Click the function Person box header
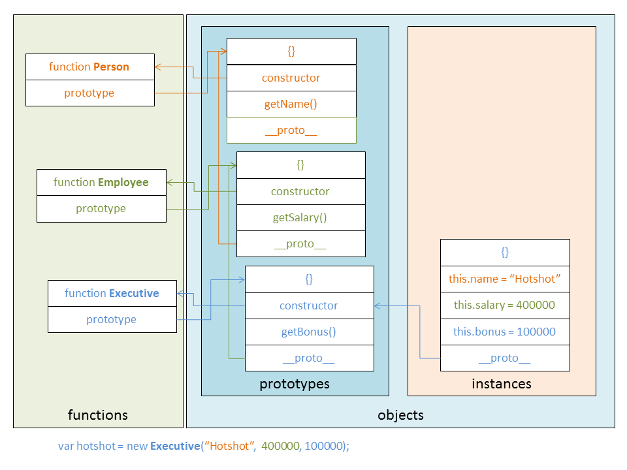click(x=89, y=67)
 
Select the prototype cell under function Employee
click(x=101, y=209)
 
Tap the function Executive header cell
click(x=112, y=293)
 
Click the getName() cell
click(x=291, y=104)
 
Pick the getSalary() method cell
click(x=300, y=217)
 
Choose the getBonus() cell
click(x=309, y=332)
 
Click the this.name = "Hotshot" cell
click(x=505, y=279)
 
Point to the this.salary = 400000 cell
click(x=505, y=305)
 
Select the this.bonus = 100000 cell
click(x=505, y=332)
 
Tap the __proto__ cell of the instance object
click(x=505, y=358)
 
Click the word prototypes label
click(x=295, y=384)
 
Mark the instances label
click(x=502, y=384)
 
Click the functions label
click(x=98, y=415)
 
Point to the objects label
click(x=400, y=415)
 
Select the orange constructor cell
click(x=291, y=78)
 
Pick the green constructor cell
click(x=300, y=191)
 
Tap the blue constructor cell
click(x=309, y=305)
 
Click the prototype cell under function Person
click(x=89, y=93)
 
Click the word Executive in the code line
click(x=174, y=446)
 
